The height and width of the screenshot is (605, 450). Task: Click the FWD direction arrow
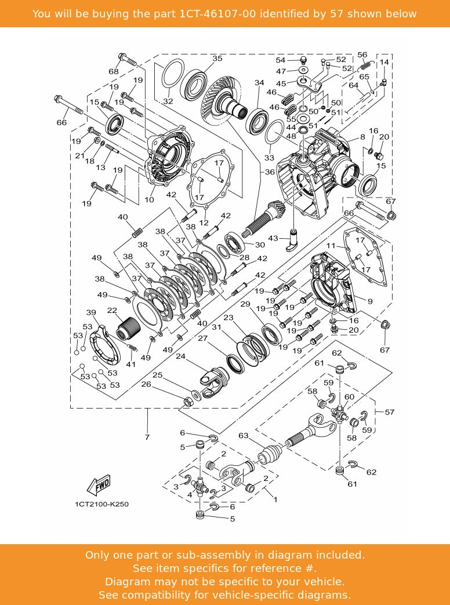[98, 483]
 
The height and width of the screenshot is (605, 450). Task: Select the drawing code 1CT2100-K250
[101, 504]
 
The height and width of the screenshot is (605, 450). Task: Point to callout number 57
[390, 412]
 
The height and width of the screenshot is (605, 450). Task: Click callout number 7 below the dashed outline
[147, 437]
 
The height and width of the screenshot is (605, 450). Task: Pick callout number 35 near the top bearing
[217, 59]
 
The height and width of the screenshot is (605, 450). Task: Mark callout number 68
[113, 71]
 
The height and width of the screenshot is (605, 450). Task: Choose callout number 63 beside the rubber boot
[243, 435]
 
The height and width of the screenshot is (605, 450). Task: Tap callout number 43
[273, 238]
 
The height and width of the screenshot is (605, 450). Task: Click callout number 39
[91, 312]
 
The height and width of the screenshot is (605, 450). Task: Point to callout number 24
[181, 356]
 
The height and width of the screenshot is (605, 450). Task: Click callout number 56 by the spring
[362, 54]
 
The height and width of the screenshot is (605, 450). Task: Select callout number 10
[150, 200]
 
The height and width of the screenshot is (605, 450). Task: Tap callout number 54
[280, 60]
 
